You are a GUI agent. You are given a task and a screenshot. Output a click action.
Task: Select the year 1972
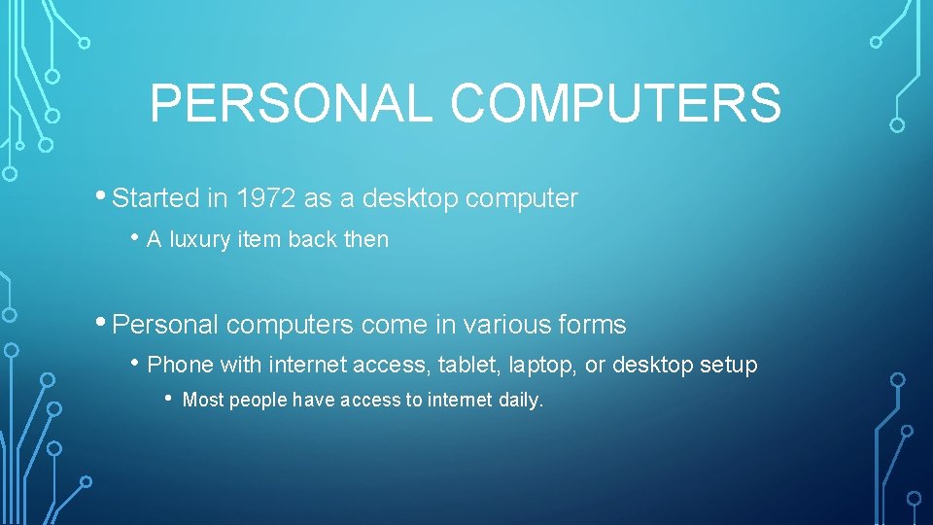click(x=262, y=198)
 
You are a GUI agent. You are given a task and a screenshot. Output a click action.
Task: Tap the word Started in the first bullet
click(x=155, y=198)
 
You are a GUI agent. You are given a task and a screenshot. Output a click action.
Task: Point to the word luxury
click(x=199, y=239)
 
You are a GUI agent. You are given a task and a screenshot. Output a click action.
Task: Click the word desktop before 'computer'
click(x=411, y=198)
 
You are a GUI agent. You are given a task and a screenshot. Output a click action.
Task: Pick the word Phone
click(x=180, y=365)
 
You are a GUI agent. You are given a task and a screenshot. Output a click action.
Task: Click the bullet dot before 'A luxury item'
click(x=137, y=236)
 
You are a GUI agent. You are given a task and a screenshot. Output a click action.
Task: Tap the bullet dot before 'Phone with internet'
click(x=137, y=362)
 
